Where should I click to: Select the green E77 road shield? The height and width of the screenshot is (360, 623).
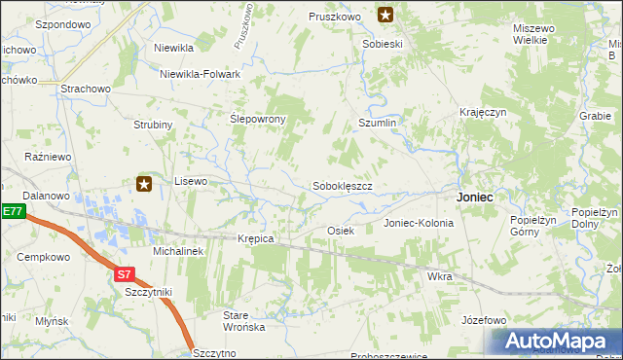click(x=11, y=211)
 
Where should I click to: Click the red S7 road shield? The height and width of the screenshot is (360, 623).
click(x=124, y=275)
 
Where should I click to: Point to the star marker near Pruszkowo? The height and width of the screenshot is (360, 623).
click(x=385, y=15)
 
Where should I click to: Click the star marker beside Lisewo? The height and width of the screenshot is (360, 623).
click(x=144, y=183)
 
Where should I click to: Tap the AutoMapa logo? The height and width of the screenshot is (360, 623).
click(x=553, y=341)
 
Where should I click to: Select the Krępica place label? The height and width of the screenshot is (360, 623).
click(x=256, y=238)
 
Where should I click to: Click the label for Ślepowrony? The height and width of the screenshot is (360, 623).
click(x=257, y=119)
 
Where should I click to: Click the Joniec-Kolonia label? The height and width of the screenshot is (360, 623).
click(x=419, y=223)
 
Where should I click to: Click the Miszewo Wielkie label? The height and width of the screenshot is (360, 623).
click(x=534, y=34)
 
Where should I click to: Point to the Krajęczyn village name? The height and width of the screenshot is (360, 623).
click(x=484, y=113)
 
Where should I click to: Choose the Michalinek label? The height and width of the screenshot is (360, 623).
click(x=177, y=251)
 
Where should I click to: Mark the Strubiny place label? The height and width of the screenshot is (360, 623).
click(x=153, y=125)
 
